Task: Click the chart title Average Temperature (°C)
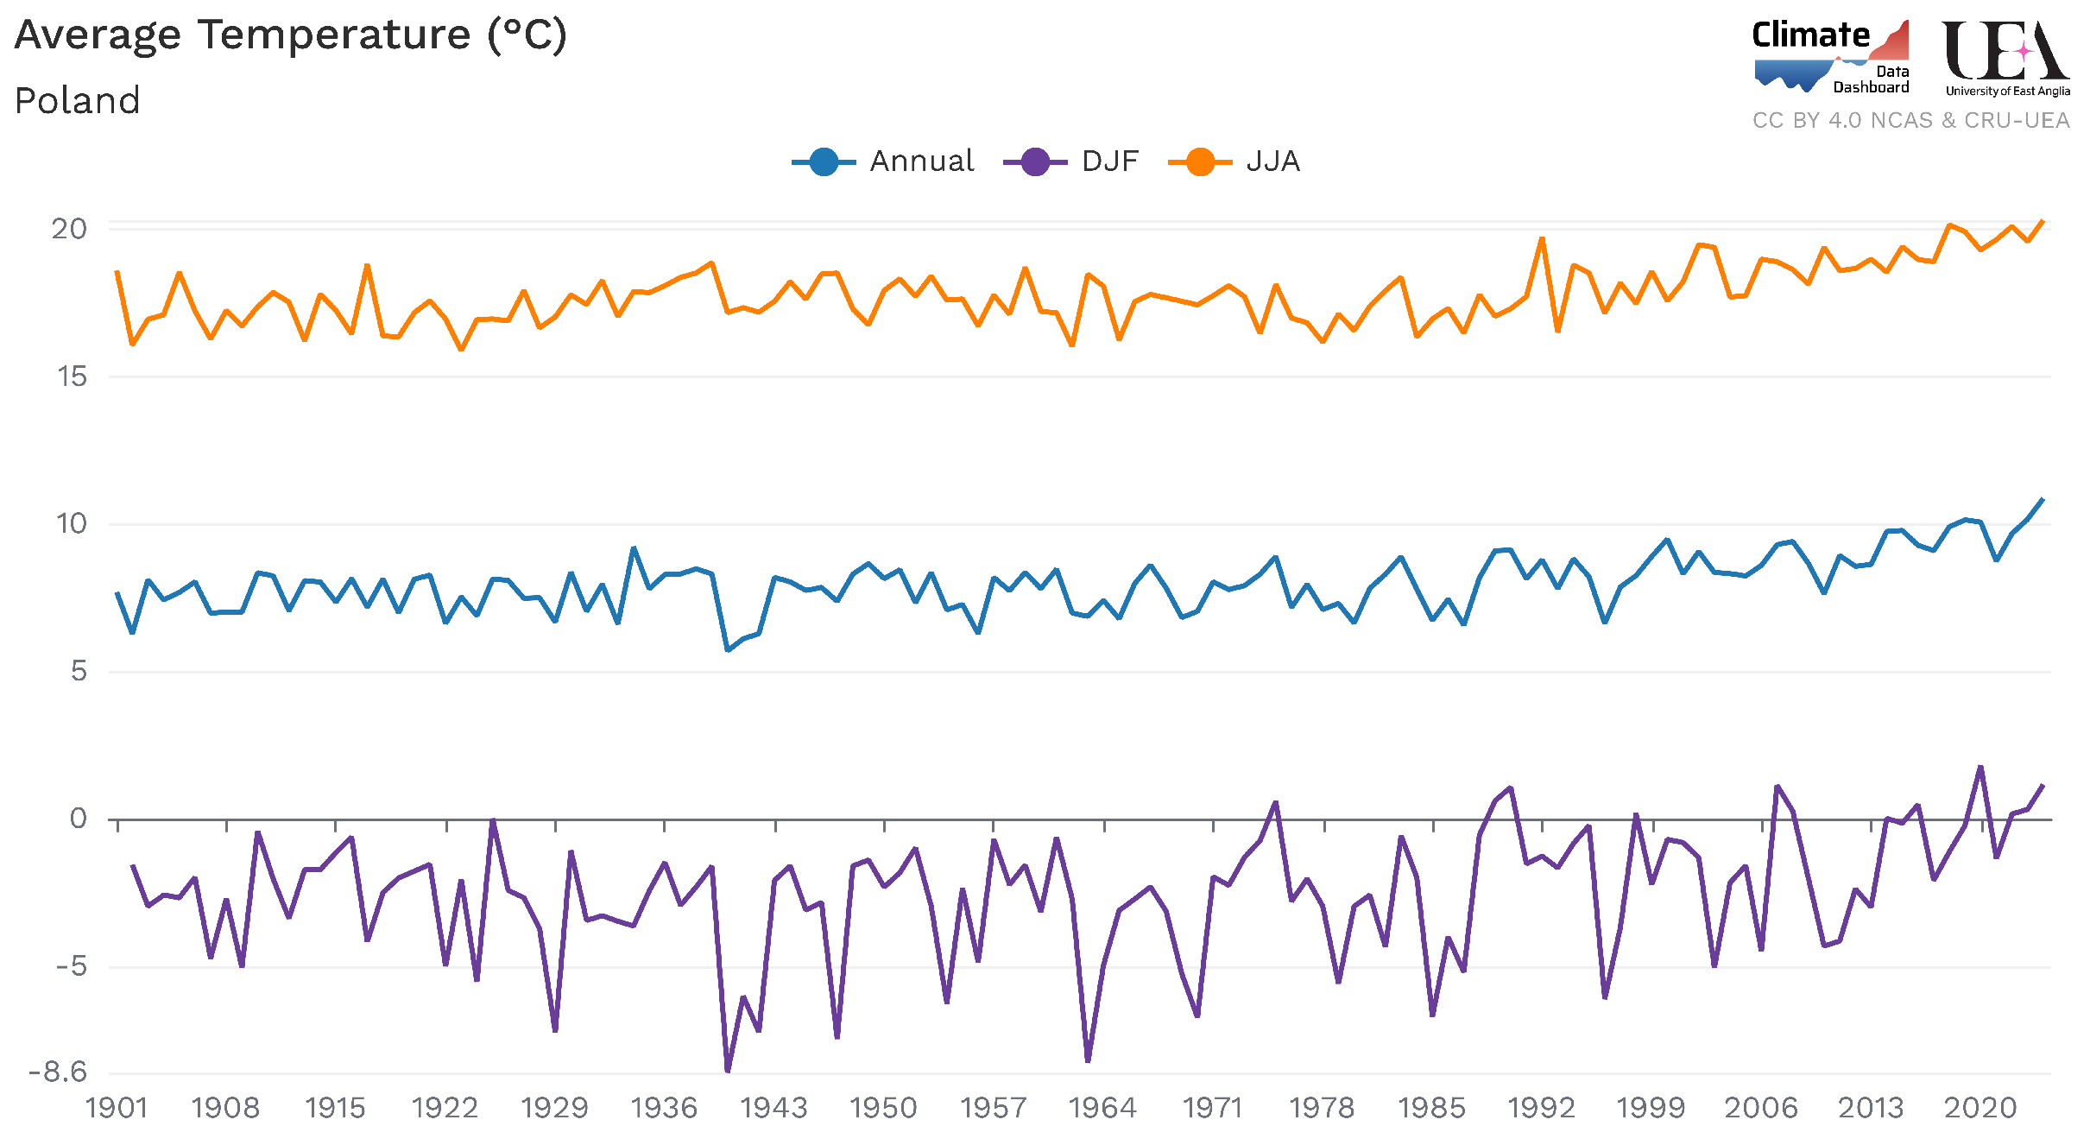click(291, 36)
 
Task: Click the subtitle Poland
click(78, 101)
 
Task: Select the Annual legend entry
click(885, 161)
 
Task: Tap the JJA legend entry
click(1235, 161)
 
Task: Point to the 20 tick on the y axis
click(69, 229)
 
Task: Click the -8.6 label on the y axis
click(58, 1072)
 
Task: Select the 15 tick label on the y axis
click(73, 376)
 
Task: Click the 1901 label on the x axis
click(117, 1108)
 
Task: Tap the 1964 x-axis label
click(1102, 1108)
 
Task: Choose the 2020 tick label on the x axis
click(1980, 1108)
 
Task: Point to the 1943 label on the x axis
click(773, 1108)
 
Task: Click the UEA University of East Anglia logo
click(2006, 58)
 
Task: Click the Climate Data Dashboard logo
click(1831, 56)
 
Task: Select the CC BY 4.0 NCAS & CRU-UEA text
click(1910, 120)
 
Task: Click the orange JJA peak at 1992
click(1542, 238)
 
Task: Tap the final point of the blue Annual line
click(2043, 499)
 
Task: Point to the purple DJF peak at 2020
click(1980, 767)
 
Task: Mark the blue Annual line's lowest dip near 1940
click(728, 649)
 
